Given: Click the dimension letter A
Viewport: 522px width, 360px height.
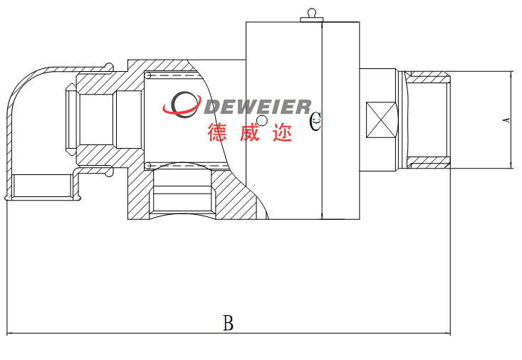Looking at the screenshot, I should pyautogui.click(x=506, y=120).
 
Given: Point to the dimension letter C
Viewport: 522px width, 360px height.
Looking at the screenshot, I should pyautogui.click(x=316, y=122).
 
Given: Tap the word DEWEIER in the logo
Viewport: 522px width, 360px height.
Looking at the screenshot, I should pyautogui.click(x=258, y=107).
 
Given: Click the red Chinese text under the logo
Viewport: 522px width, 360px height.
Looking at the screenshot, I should pyautogui.click(x=250, y=132).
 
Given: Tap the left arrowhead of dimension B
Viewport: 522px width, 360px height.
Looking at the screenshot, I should pyautogui.click(x=10, y=333).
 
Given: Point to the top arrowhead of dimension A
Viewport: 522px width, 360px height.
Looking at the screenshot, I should pyautogui.click(x=512, y=75).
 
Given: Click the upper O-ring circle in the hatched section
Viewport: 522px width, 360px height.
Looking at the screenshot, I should pyautogui.click(x=148, y=75).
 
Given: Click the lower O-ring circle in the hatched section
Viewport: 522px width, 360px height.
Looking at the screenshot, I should pyautogui.click(x=148, y=166).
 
